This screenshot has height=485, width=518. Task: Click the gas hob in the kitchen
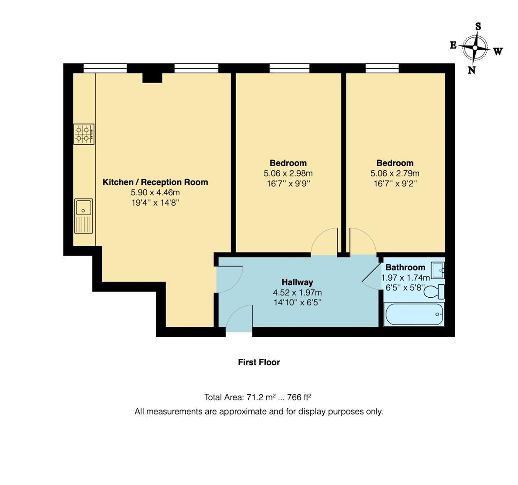pos(84,134)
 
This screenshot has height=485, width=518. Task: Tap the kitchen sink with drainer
pos(83,216)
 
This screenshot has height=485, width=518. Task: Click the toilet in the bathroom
pos(434,291)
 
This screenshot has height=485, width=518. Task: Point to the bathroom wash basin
pos(438,270)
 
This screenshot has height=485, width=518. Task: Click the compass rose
pos(475,48)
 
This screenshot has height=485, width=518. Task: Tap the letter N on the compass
pos(471,70)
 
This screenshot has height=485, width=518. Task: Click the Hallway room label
pos(297,282)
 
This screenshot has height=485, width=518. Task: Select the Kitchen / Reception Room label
pos(155,182)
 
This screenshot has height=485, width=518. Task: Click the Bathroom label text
pos(405,268)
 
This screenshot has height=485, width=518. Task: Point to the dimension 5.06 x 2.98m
pos(288,173)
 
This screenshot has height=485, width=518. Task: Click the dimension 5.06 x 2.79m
pos(395,173)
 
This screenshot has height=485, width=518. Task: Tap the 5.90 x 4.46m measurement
pos(155,193)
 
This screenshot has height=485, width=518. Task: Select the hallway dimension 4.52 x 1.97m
pos(297,292)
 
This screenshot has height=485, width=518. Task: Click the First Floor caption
pos(259,362)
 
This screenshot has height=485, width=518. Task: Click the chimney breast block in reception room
pos(152,78)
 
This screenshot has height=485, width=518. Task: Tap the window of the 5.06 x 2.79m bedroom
pos(382,68)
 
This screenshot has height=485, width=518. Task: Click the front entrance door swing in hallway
pos(239,319)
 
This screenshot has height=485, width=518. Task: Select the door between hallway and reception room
pos(229,279)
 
